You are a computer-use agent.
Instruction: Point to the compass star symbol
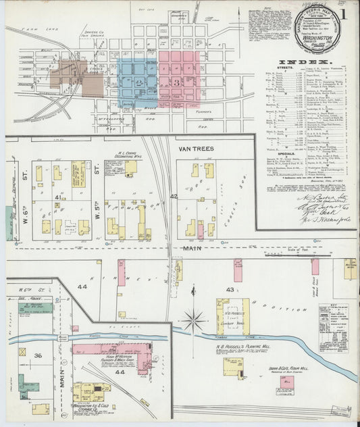(195, 320)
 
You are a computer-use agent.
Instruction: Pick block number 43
(230, 290)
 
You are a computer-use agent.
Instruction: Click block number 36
(38, 356)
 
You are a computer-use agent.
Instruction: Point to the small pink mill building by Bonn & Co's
(287, 382)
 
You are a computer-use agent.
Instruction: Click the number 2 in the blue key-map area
(138, 82)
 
